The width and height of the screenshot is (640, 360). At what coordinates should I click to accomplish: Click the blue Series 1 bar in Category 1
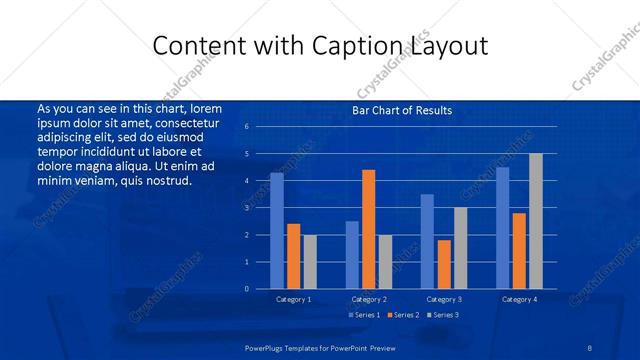[x=277, y=231]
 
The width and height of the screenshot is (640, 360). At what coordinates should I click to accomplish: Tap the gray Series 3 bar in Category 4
[x=535, y=221]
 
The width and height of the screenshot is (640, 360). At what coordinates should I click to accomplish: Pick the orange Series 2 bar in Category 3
[x=444, y=264]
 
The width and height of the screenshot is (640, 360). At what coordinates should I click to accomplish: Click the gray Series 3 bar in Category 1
[x=310, y=262]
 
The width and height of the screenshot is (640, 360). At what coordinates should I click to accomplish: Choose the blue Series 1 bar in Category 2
[x=352, y=255]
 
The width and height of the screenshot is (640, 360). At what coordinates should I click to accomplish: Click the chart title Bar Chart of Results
[x=402, y=110]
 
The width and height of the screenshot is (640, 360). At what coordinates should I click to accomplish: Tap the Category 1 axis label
[x=293, y=299]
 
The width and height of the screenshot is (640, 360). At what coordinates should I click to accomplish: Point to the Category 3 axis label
[x=444, y=299]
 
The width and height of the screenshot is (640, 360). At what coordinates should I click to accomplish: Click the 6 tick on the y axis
[x=246, y=127]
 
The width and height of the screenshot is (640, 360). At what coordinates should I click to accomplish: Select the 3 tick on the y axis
[x=246, y=208]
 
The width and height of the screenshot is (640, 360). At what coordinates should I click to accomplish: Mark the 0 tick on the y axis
[x=246, y=289]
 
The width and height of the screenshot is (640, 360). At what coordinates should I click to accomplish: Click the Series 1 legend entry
[x=366, y=315]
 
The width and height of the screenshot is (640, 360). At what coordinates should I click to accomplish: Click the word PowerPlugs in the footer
[x=265, y=346]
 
